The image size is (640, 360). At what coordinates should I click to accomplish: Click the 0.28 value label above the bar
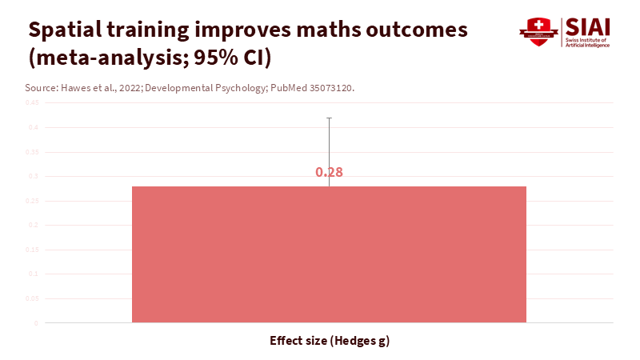click(329, 172)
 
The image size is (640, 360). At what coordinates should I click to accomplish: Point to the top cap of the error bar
click(329, 118)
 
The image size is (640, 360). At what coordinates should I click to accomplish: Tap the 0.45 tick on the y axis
click(32, 103)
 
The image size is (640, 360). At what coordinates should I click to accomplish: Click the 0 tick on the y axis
click(36, 323)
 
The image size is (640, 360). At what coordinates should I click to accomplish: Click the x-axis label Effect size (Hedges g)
click(329, 341)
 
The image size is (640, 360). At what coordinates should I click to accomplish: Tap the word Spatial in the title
click(66, 30)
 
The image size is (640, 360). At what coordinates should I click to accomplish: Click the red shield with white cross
click(538, 31)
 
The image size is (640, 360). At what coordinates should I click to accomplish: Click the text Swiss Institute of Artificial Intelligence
click(587, 42)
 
